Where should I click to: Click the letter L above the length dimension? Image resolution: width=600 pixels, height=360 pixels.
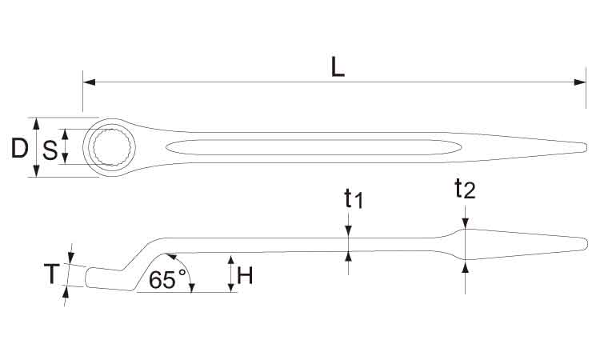pyautogui.click(x=338, y=68)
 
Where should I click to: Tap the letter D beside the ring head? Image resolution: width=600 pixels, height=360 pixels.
pyautogui.click(x=19, y=149)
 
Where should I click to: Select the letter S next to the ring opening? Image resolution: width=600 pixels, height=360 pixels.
pyautogui.click(x=50, y=150)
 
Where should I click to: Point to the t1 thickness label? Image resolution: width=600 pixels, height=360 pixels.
pyautogui.click(x=353, y=198)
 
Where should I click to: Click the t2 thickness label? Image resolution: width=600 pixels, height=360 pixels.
pyautogui.click(x=465, y=189)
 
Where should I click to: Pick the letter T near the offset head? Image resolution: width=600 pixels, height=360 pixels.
pyautogui.click(x=52, y=274)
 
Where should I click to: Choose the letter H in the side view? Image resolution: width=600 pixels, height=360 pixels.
pyautogui.click(x=245, y=275)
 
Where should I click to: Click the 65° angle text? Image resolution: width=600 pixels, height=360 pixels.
pyautogui.click(x=167, y=279)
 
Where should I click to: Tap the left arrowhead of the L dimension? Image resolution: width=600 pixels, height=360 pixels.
pyautogui.click(x=89, y=82)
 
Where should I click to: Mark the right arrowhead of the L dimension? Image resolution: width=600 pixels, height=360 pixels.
pyautogui.click(x=580, y=82)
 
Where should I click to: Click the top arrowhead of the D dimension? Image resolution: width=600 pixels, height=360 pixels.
pyautogui.click(x=36, y=123)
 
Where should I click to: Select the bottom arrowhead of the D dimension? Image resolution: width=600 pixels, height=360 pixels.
pyautogui.click(x=36, y=171)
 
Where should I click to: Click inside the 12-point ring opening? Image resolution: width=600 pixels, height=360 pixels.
pyautogui.click(x=114, y=147)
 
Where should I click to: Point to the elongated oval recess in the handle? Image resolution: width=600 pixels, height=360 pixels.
pyautogui.click(x=314, y=147)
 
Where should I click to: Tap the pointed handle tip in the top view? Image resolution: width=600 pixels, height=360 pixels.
pyautogui.click(x=586, y=147)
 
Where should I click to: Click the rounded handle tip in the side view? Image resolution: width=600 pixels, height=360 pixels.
pyautogui.click(x=586, y=245)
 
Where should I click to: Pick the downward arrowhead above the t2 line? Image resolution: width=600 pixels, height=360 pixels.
pyautogui.click(x=465, y=223)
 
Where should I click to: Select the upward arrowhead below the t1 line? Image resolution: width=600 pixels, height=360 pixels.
pyautogui.click(x=348, y=257)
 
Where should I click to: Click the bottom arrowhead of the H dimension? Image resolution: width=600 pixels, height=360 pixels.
pyautogui.click(x=230, y=286)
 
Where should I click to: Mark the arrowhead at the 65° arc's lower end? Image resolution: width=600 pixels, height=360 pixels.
pyautogui.click(x=191, y=287)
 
